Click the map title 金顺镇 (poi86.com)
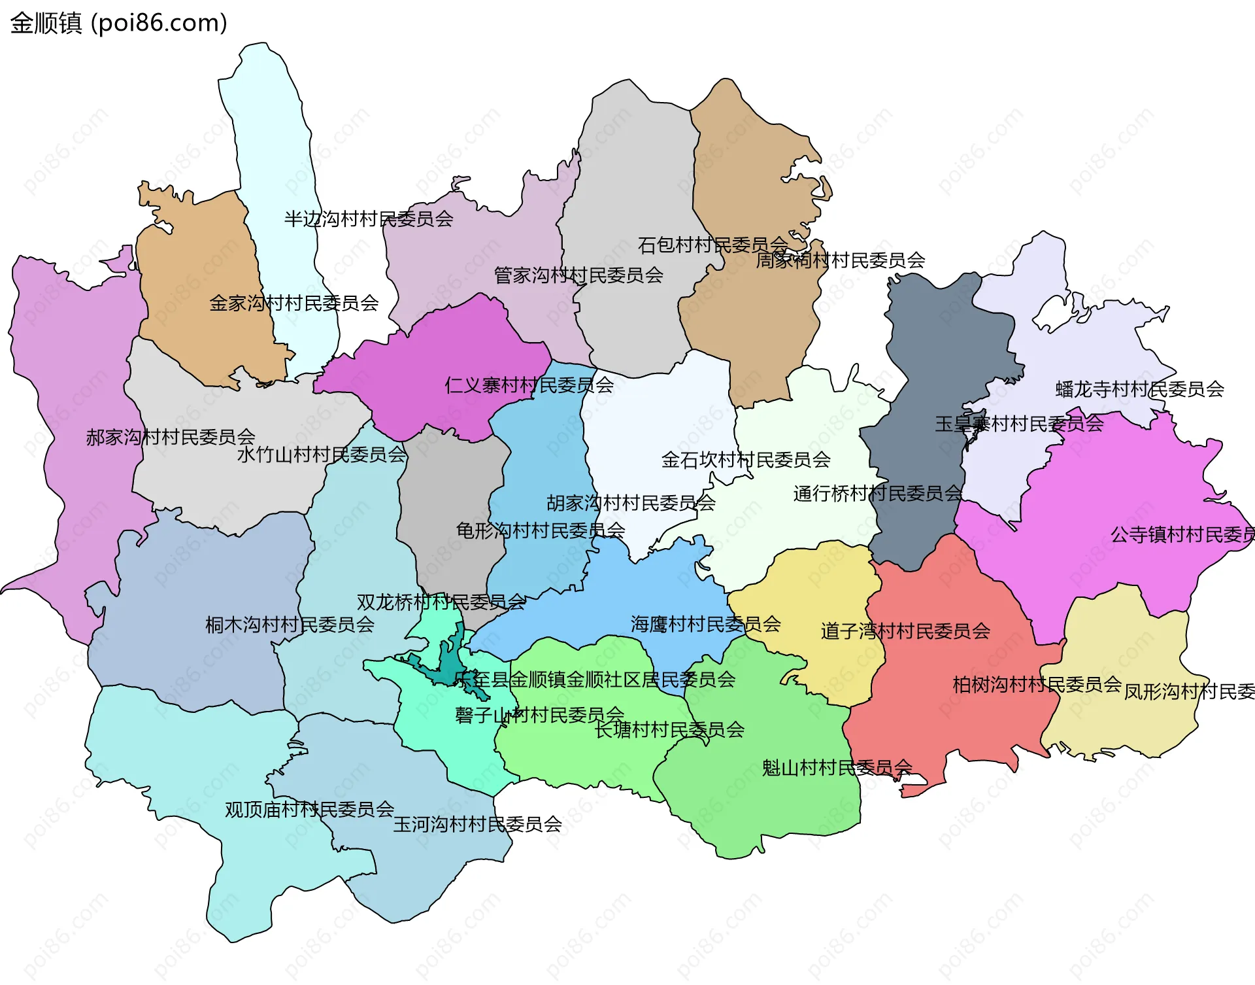118,23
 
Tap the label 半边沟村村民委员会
368,219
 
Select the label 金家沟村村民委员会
293,303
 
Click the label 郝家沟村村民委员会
170,437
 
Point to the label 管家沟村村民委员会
578,275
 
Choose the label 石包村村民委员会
712,245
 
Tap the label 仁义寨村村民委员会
529,385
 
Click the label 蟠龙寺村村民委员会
1139,390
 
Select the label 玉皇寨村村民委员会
1018,424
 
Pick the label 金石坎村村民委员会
745,460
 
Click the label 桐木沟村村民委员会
290,625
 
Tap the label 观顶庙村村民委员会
309,810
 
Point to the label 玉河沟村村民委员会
477,824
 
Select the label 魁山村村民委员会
837,768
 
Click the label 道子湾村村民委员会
905,631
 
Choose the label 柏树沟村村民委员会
1037,685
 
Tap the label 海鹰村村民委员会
705,624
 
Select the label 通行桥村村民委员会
877,493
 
